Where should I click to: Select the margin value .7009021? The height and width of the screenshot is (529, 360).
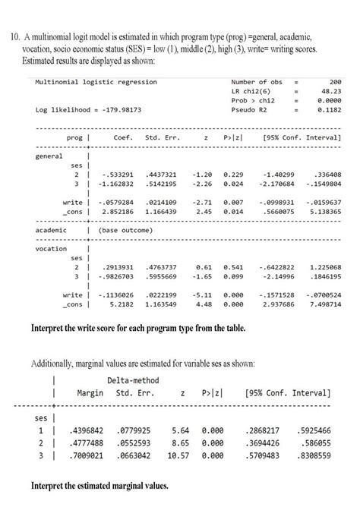96,454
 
